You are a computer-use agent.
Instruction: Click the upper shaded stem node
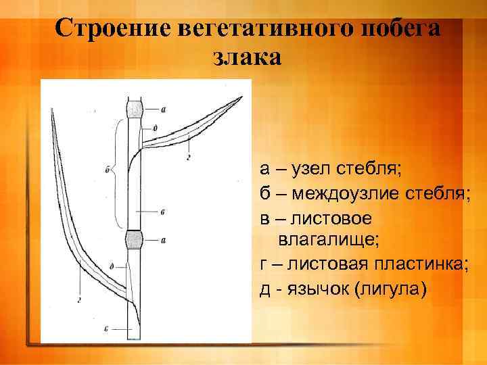(x=135, y=109)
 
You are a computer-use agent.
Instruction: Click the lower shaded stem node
(x=135, y=239)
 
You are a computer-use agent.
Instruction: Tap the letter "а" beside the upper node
(x=164, y=108)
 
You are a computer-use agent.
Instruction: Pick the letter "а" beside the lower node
(x=164, y=239)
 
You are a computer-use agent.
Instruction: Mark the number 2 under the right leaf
(x=187, y=158)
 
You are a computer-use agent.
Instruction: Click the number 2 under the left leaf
(x=80, y=299)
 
